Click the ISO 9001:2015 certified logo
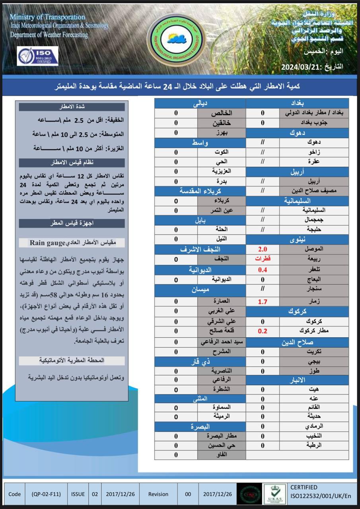37,56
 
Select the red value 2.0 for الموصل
263,249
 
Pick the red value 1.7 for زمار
263,301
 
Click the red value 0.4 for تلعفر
263,270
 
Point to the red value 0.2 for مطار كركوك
263,331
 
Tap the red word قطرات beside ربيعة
263,259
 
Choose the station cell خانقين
221,123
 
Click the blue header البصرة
200,426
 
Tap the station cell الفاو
221,455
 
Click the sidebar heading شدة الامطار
72,107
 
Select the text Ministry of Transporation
47,17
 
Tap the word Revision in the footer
158,494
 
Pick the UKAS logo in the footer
274,494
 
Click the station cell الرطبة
314,445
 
